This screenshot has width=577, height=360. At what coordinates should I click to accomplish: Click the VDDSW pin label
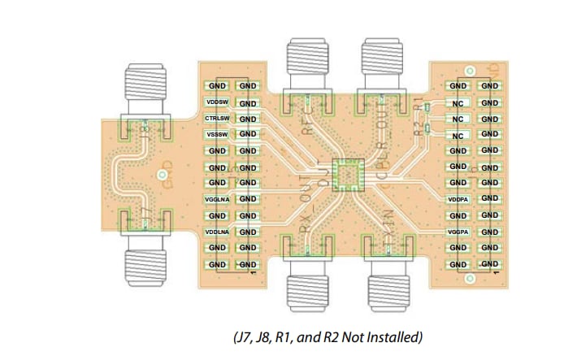click(x=216, y=102)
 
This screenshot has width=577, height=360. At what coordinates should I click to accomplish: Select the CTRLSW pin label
click(x=216, y=119)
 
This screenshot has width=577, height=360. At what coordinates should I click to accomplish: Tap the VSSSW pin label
click(x=216, y=134)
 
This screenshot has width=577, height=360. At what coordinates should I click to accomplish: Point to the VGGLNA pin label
click(x=216, y=199)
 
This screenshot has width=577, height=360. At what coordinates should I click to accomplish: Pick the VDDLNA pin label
click(x=216, y=232)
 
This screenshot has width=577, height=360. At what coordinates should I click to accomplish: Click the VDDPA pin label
click(x=458, y=199)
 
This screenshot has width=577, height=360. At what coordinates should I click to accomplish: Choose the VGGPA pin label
click(x=458, y=232)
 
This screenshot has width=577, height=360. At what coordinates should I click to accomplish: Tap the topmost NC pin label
click(x=458, y=103)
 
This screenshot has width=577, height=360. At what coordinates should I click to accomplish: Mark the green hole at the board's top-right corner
click(x=468, y=70)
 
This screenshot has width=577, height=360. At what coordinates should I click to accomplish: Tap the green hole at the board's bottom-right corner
click(x=469, y=279)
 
